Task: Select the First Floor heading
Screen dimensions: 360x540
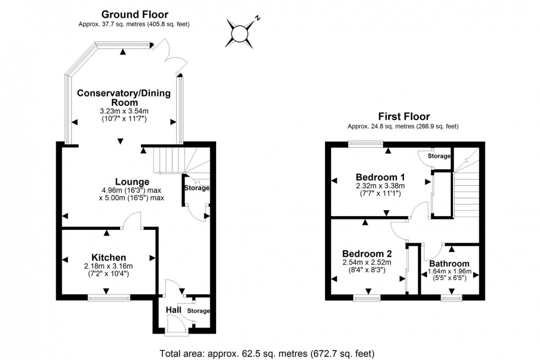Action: tap(403, 116)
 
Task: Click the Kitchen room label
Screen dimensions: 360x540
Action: tap(109, 257)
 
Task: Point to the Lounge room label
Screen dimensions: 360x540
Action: tap(132, 181)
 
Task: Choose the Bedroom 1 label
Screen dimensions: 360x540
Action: tap(380, 177)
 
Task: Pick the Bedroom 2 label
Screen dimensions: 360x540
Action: tap(367, 254)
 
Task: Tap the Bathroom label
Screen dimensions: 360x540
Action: tap(449, 264)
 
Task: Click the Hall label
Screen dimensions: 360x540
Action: tap(174, 310)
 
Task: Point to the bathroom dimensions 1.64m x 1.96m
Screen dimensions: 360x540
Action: tap(450, 271)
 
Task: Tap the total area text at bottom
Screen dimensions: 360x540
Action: tap(267, 353)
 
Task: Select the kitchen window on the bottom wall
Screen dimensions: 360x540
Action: tap(109, 298)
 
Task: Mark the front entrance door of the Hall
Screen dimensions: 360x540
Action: tap(177, 331)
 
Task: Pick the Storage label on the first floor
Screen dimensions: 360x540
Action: tap(440, 156)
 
